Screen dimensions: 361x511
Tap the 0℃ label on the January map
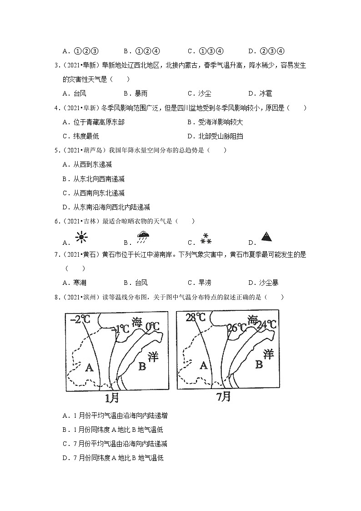[x=153, y=326]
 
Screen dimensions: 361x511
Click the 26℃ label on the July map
[x=237, y=327]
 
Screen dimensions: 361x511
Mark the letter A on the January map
[x=90, y=367]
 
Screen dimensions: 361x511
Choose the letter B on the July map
[x=259, y=364]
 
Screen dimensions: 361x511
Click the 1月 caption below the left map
[x=112, y=398]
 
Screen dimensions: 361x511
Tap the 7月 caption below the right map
[x=223, y=397]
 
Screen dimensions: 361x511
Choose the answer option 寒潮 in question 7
[x=80, y=283]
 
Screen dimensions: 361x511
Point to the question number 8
[x=56, y=297]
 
